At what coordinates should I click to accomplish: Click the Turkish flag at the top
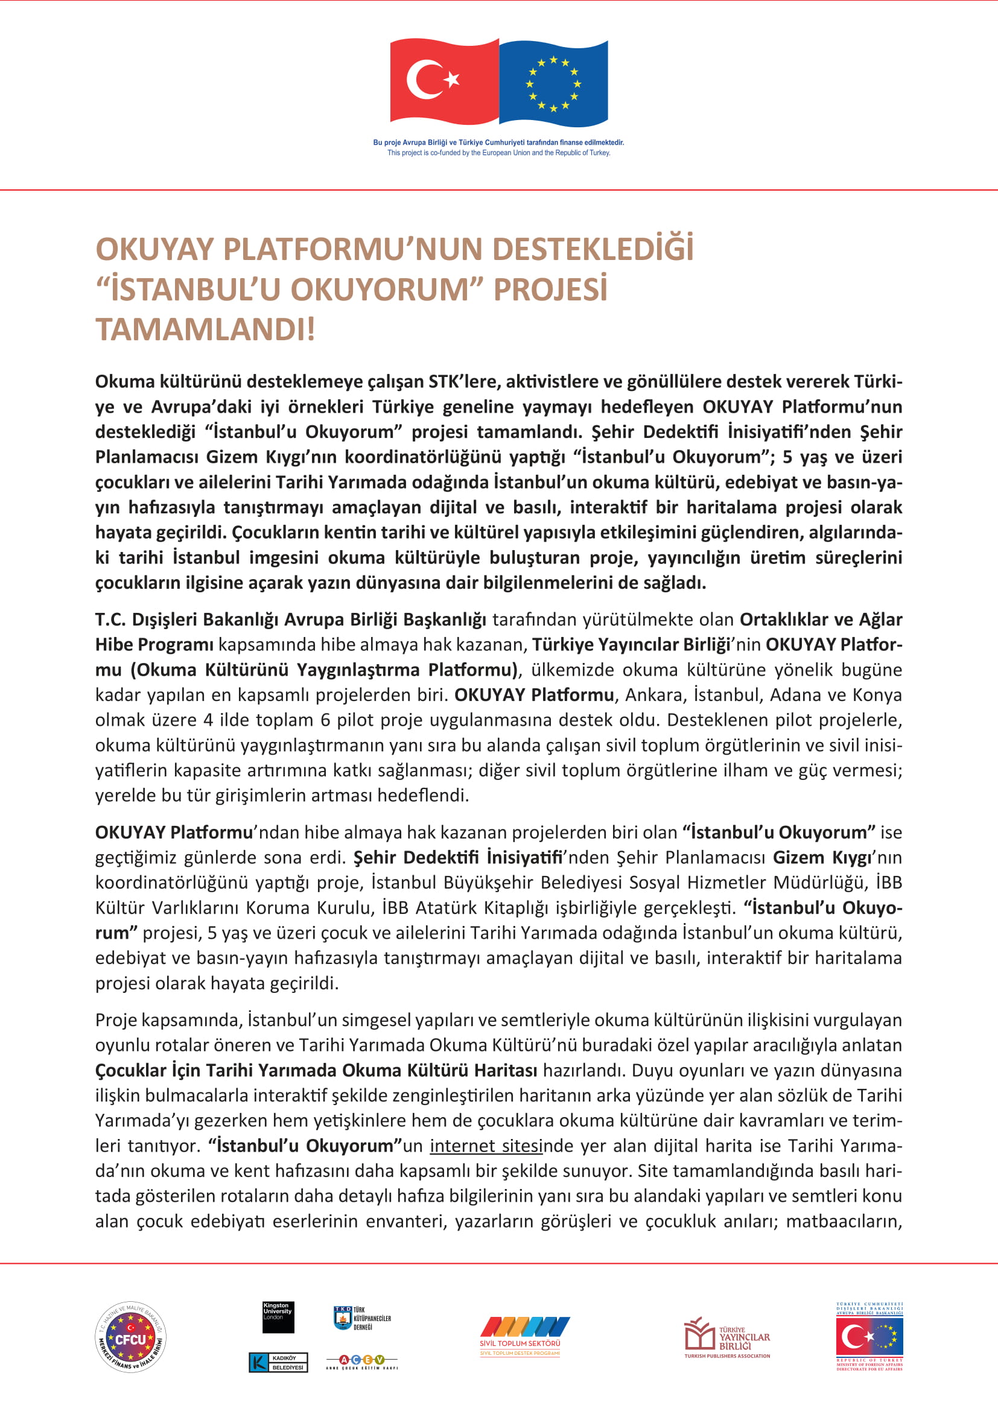[x=443, y=81]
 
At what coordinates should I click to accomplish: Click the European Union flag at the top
[x=553, y=83]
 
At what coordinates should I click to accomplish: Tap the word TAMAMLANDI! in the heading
[x=205, y=329]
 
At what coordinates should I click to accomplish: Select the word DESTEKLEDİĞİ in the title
[x=593, y=250]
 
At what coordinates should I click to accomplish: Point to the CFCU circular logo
[x=130, y=1337]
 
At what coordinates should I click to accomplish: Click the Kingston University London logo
[x=278, y=1317]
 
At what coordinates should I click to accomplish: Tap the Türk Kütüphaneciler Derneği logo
[x=362, y=1318]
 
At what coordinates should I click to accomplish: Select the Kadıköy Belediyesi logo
[x=278, y=1363]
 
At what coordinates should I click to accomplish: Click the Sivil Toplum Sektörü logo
[x=520, y=1336]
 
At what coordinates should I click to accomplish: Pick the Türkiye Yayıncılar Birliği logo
[x=727, y=1337]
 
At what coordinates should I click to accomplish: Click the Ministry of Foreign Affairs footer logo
[x=869, y=1337]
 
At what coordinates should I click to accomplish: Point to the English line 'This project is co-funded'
[x=498, y=153]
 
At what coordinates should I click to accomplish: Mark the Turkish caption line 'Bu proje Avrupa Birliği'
[x=498, y=142]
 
